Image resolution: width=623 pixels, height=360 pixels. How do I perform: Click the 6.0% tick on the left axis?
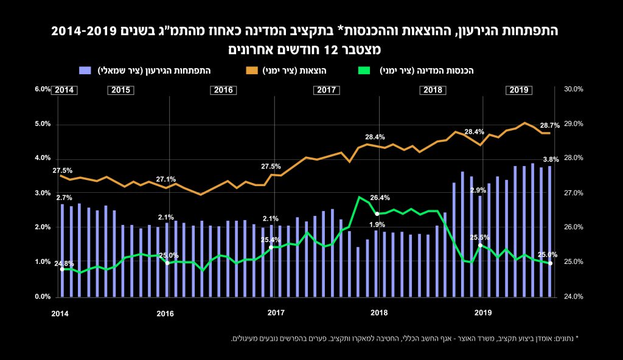click(42, 89)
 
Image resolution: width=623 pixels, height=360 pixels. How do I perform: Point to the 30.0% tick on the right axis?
click(574, 89)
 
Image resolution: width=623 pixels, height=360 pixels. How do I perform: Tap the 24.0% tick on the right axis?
click(574, 297)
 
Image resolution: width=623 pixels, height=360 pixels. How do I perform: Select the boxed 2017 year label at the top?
click(326, 90)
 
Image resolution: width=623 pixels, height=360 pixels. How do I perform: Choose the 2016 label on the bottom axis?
click(165, 314)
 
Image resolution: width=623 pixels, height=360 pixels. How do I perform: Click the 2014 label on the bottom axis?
click(60, 314)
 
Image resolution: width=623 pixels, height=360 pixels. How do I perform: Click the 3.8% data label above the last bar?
click(551, 160)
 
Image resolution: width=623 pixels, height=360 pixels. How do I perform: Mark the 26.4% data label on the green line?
click(380, 198)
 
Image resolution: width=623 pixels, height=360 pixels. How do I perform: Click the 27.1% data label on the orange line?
click(165, 180)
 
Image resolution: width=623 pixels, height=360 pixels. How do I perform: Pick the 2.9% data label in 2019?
click(478, 190)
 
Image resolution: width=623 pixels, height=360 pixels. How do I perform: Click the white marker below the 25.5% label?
click(480, 245)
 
